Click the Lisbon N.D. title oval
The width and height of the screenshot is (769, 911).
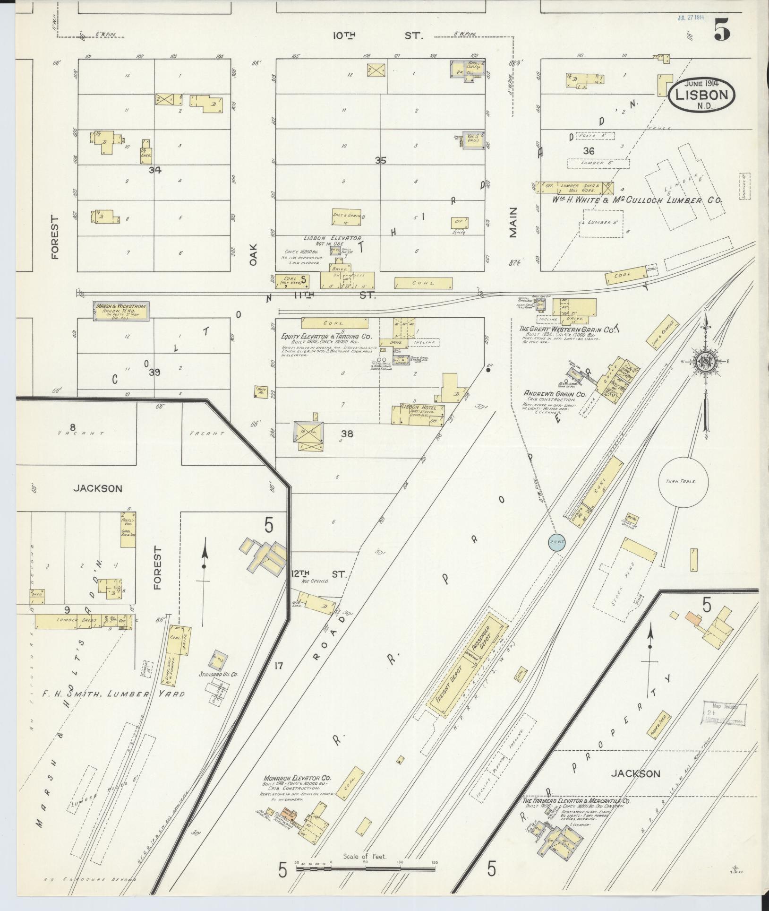701,95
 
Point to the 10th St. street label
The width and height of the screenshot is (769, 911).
378,35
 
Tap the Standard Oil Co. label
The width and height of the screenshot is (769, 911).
218,675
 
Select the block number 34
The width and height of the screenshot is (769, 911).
154,170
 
